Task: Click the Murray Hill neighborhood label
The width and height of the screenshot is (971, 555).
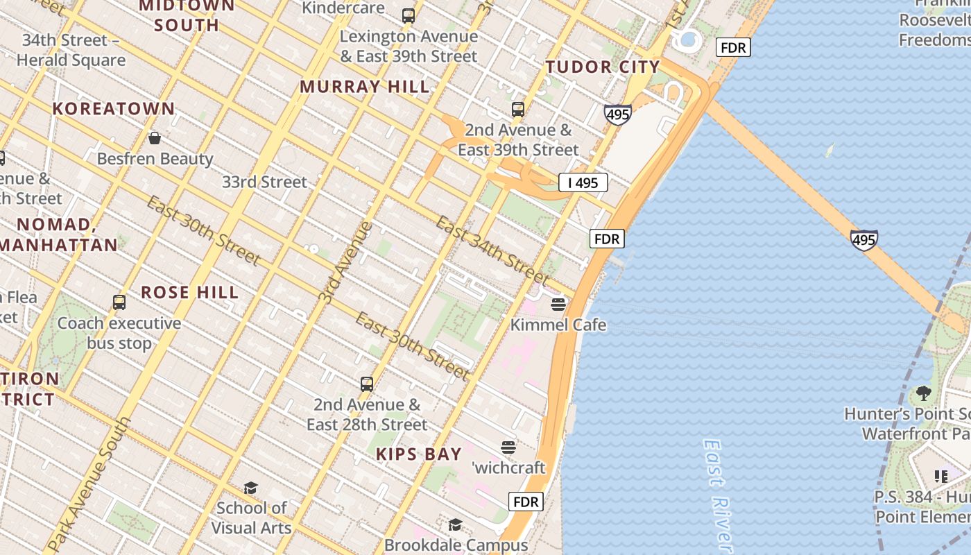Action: click(364, 87)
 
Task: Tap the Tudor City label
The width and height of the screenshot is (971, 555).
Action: click(602, 67)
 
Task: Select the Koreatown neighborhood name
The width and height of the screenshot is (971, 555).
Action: click(114, 109)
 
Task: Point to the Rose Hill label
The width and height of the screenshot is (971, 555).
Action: click(190, 292)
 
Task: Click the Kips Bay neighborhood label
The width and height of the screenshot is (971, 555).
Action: click(418, 454)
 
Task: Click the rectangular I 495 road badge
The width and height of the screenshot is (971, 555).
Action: click(583, 182)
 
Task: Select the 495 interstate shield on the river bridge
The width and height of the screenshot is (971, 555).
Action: click(863, 240)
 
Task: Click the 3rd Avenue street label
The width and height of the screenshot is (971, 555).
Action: click(346, 262)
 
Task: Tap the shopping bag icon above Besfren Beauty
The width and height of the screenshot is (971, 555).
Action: click(155, 138)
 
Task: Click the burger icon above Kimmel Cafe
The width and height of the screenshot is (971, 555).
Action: click(558, 304)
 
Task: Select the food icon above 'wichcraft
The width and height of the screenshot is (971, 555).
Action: click(508, 447)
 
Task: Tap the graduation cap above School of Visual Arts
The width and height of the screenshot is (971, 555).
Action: click(250, 488)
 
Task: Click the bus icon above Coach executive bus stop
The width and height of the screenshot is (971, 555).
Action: click(119, 302)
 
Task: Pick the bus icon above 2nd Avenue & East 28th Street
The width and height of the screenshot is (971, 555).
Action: click(367, 384)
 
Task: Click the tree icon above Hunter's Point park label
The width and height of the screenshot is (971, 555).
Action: click(923, 393)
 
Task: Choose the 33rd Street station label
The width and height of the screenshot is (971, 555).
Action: click(264, 182)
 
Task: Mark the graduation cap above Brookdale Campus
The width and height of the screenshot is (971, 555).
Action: click(455, 524)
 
